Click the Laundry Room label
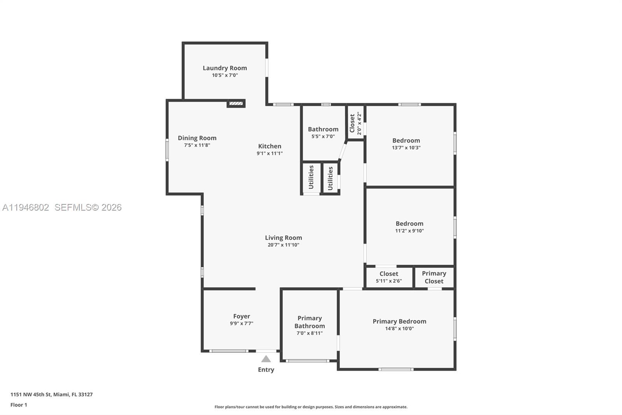point(225,68)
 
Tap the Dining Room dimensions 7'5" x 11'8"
point(197,145)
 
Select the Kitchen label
point(269,146)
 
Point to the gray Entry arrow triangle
point(266,359)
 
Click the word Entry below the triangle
point(266,370)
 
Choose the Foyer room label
point(241,317)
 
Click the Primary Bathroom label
point(309,322)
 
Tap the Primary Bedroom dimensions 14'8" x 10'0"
point(399,329)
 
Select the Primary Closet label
point(434,277)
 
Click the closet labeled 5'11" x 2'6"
point(389,277)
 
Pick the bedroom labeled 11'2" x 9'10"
point(409,227)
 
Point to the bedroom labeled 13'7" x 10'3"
point(406,144)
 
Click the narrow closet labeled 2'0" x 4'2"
point(355,123)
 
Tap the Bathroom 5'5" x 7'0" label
point(323,132)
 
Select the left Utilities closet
point(311,178)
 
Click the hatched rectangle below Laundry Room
point(236,104)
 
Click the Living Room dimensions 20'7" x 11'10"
point(283,245)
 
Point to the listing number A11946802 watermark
point(26,207)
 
